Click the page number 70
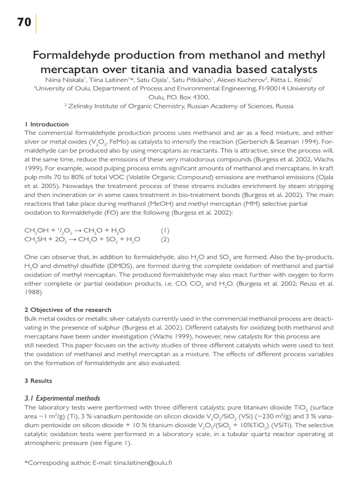[x=24, y=22]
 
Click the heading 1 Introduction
[x=46, y=124]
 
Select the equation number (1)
[x=165, y=231]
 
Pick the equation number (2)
[x=165, y=240]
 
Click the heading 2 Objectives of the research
[x=68, y=310]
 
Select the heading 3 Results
[x=38, y=381]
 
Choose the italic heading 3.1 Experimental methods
[x=62, y=398]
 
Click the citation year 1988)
[x=33, y=292]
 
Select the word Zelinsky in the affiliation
[x=83, y=106]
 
